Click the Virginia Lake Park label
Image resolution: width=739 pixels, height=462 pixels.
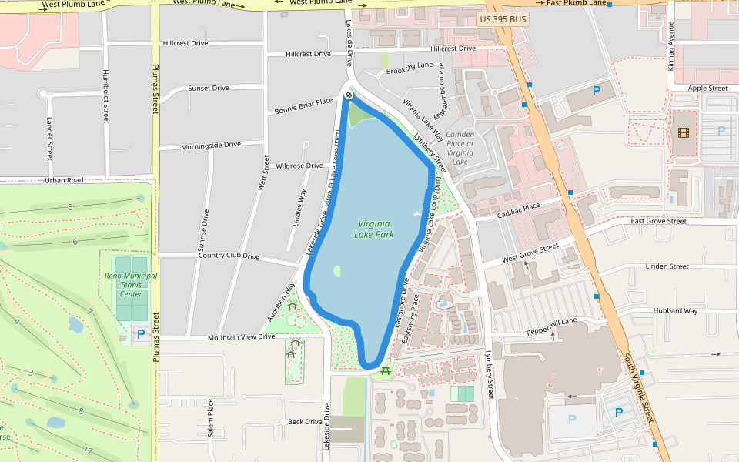(374, 229)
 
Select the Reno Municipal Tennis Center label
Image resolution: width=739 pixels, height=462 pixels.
(131, 284)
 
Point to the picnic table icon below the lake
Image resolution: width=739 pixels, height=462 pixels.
(386, 371)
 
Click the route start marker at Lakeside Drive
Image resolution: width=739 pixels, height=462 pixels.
(349, 95)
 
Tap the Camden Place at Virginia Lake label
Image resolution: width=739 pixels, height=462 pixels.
(461, 148)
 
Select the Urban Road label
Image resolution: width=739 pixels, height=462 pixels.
(64, 181)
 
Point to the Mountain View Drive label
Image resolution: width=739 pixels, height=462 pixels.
(242, 337)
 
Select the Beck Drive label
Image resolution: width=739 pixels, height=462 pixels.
(305, 422)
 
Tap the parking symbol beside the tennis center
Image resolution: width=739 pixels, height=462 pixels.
(140, 334)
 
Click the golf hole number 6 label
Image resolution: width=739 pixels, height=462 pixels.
(75, 242)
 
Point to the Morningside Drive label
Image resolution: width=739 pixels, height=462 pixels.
(210, 146)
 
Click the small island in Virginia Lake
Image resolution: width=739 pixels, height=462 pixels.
(337, 272)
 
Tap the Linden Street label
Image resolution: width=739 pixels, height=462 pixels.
(667, 266)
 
